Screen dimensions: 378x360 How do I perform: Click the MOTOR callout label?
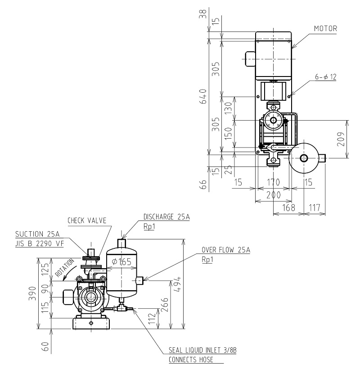[325, 28]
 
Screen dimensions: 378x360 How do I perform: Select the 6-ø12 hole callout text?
[325, 77]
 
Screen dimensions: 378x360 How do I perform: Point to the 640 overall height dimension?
[203, 97]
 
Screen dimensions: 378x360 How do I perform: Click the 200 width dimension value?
[273, 195]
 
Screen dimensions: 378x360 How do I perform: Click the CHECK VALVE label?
[87, 220]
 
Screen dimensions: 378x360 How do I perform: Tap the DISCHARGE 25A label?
[166, 217]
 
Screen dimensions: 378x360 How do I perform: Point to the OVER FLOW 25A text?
[225, 251]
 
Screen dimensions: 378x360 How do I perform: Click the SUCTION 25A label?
[37, 234]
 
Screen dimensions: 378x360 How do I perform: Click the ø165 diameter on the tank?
[122, 262]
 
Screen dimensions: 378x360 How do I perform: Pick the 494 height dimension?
[179, 284]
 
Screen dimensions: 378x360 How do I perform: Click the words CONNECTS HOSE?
[189, 360]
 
